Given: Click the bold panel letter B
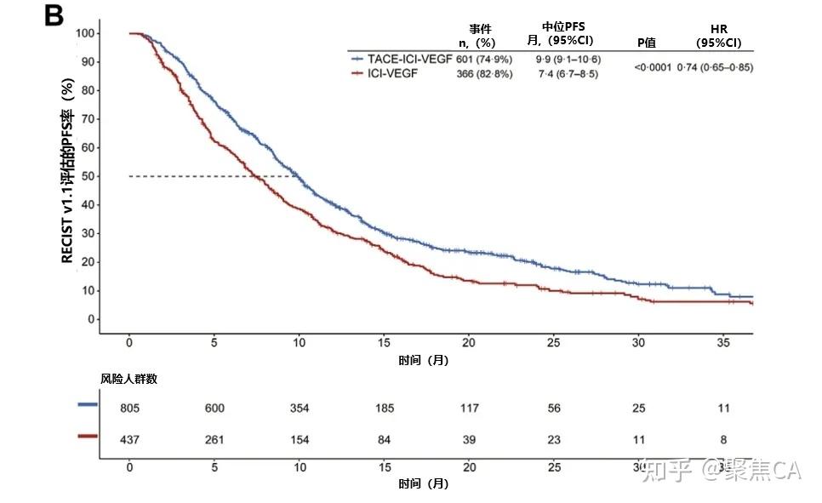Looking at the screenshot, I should pos(54,16).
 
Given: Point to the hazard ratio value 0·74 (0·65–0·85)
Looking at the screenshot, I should pos(715,66).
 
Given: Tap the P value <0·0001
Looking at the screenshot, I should pos(653,66).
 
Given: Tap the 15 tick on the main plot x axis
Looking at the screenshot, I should pos(384,342).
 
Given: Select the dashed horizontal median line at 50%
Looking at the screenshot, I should pos(213,176).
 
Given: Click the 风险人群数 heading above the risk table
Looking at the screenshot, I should pos(128,380).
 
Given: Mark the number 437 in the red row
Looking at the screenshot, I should pos(129,437).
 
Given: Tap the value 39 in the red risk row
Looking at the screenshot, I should pos(469,437).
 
